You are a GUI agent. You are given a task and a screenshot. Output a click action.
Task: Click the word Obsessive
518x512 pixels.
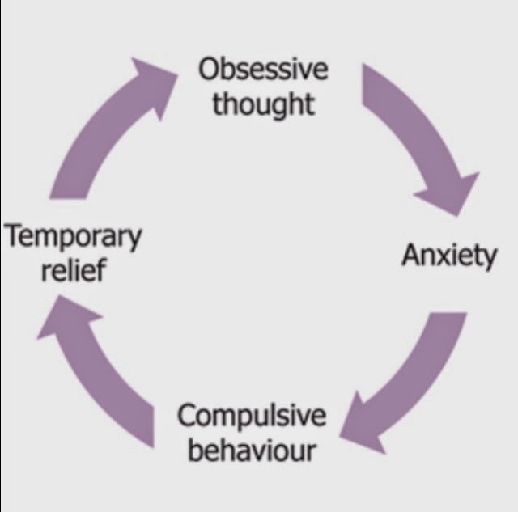264,70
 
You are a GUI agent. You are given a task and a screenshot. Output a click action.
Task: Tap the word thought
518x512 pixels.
264,105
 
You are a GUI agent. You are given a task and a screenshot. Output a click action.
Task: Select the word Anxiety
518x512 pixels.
449,256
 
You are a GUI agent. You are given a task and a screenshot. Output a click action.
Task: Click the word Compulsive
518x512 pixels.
252,417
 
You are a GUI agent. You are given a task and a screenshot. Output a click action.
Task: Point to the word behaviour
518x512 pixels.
252,450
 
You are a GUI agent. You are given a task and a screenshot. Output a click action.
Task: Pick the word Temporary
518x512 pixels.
73,238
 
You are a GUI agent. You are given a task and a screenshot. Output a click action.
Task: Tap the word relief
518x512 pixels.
73,269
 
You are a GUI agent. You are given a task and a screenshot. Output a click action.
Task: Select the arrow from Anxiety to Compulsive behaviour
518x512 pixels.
413,380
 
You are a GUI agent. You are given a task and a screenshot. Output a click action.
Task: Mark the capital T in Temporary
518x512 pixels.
12,237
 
